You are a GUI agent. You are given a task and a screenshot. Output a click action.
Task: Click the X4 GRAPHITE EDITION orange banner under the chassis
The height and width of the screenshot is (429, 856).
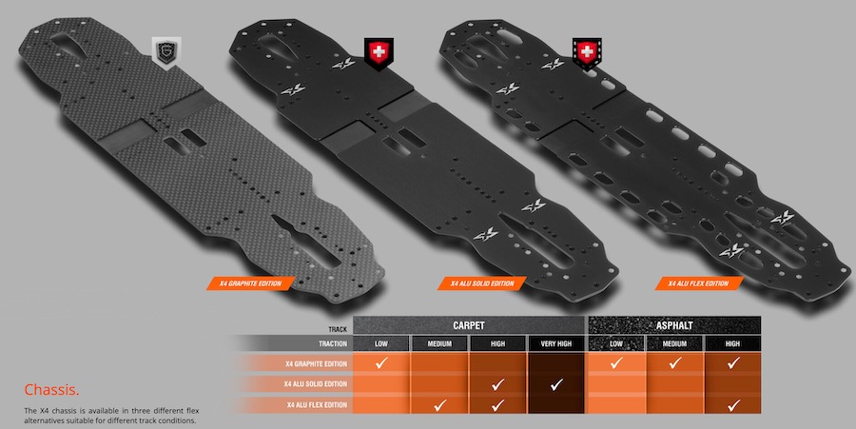[250, 283]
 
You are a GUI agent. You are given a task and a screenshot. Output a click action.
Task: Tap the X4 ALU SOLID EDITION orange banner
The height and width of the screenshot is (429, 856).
[482, 283]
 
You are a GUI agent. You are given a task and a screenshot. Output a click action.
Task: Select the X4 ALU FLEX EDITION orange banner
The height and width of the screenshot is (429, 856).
[699, 283]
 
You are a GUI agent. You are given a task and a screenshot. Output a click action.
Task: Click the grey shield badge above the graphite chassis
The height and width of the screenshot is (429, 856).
[165, 53]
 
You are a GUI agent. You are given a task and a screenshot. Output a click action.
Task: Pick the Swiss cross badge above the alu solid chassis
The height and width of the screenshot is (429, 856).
[379, 53]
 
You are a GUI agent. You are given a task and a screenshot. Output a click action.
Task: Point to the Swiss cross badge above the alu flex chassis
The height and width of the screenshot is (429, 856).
[587, 53]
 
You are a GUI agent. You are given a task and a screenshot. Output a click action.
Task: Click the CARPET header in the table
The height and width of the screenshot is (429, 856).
[468, 325]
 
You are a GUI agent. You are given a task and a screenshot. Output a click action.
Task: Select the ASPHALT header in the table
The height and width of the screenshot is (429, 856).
[674, 325]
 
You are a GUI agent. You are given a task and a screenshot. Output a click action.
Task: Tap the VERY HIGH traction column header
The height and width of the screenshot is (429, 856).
[555, 343]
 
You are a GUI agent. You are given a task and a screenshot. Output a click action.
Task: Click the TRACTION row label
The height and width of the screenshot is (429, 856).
[333, 343]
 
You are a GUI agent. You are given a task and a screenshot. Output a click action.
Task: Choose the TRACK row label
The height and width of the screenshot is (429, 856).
[338, 329]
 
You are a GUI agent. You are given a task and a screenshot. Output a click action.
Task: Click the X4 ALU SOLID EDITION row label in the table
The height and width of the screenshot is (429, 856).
[316, 383]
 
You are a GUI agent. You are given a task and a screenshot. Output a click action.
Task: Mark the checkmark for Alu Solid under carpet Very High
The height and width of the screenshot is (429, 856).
[555, 385]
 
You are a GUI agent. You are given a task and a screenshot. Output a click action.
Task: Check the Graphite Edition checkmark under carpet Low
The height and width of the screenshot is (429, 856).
[381, 363]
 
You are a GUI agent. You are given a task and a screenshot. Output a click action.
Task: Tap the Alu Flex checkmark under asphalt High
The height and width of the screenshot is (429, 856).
[733, 405]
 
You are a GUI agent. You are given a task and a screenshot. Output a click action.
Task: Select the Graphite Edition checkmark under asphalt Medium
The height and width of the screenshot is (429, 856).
[674, 363]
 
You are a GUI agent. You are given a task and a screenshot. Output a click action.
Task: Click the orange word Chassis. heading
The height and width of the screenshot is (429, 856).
[52, 390]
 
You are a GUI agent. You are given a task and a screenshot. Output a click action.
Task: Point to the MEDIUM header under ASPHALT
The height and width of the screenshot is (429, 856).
[674, 343]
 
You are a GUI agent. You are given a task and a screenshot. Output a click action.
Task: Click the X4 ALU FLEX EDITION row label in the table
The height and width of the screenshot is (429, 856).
[317, 405]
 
